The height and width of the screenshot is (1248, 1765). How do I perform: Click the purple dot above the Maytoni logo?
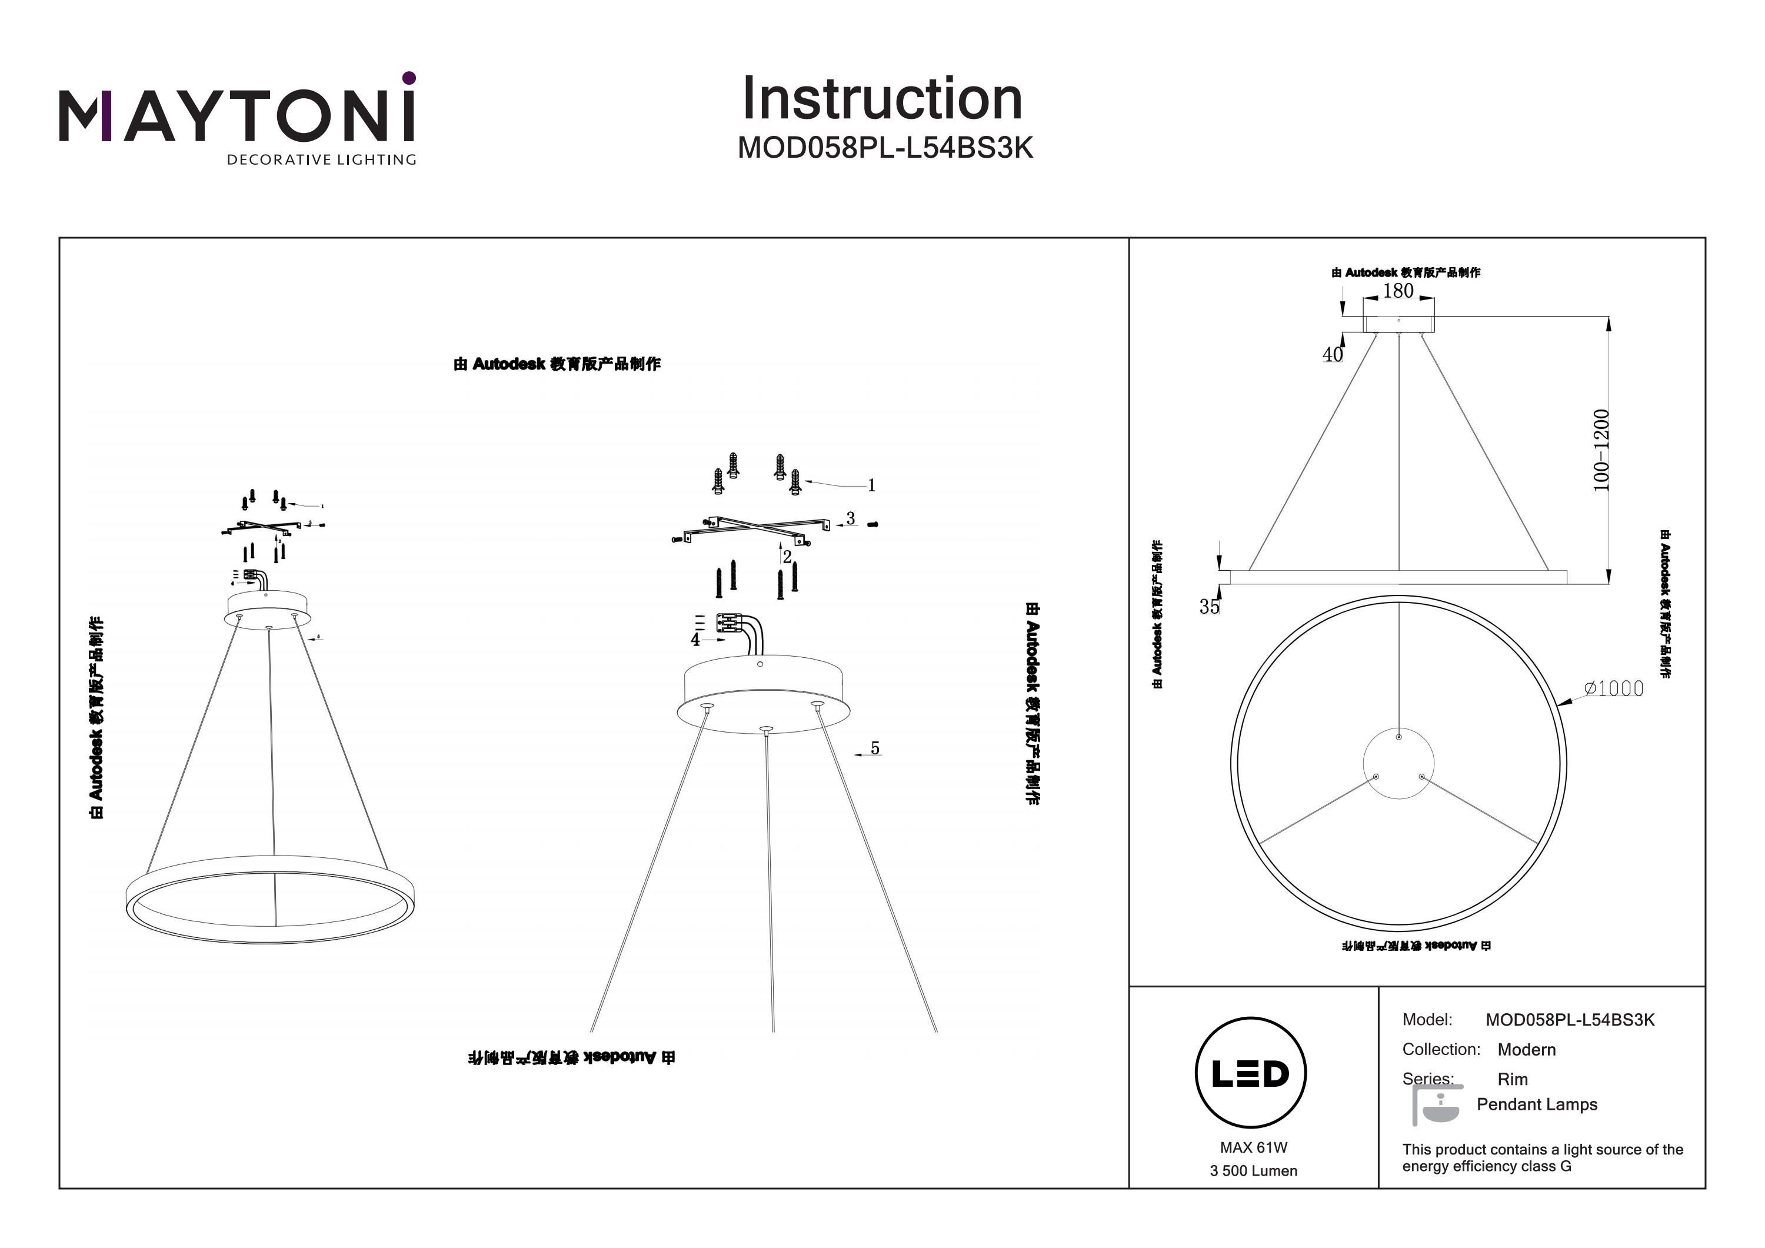point(409,78)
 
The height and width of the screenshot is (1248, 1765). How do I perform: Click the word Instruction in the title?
point(883,99)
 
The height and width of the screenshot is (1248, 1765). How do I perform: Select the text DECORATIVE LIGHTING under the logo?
point(321,160)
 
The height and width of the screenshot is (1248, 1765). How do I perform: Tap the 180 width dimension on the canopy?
point(1397,291)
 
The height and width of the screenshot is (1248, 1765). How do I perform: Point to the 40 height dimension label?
point(1332,354)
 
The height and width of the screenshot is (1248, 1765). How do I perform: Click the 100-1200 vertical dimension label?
point(1601,451)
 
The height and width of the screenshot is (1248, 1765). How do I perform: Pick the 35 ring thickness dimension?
point(1209,607)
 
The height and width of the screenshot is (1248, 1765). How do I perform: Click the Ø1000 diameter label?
point(1614,688)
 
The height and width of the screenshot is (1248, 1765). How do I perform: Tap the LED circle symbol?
point(1251,1073)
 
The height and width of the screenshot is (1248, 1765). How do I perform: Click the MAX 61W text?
point(1253,1148)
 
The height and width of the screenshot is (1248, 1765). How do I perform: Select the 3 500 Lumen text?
point(1253,1171)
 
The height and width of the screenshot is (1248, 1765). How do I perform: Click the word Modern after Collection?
point(1526,1050)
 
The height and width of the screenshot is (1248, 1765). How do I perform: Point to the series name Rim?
point(1512,1080)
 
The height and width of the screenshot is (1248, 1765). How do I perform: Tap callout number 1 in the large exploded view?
point(872,485)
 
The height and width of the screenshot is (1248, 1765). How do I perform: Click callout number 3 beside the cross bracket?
point(850,519)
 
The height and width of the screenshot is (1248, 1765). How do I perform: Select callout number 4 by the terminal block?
point(695,640)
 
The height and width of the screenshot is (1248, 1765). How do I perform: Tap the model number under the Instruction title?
point(885,148)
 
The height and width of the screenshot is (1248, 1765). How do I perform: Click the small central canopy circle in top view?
point(1398,764)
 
